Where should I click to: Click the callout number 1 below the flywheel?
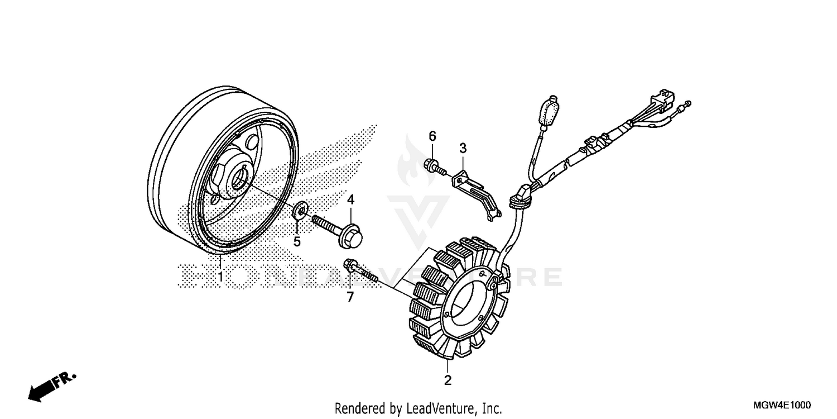pyautogui.click(x=220, y=277)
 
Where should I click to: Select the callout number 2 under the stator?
pyautogui.click(x=448, y=381)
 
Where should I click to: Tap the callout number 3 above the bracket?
pyautogui.click(x=463, y=148)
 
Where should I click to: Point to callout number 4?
pyautogui.click(x=351, y=199)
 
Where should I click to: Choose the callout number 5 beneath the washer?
pyautogui.click(x=297, y=241)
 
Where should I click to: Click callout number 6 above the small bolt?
pyautogui.click(x=432, y=136)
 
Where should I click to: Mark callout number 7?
pyautogui.click(x=350, y=297)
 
